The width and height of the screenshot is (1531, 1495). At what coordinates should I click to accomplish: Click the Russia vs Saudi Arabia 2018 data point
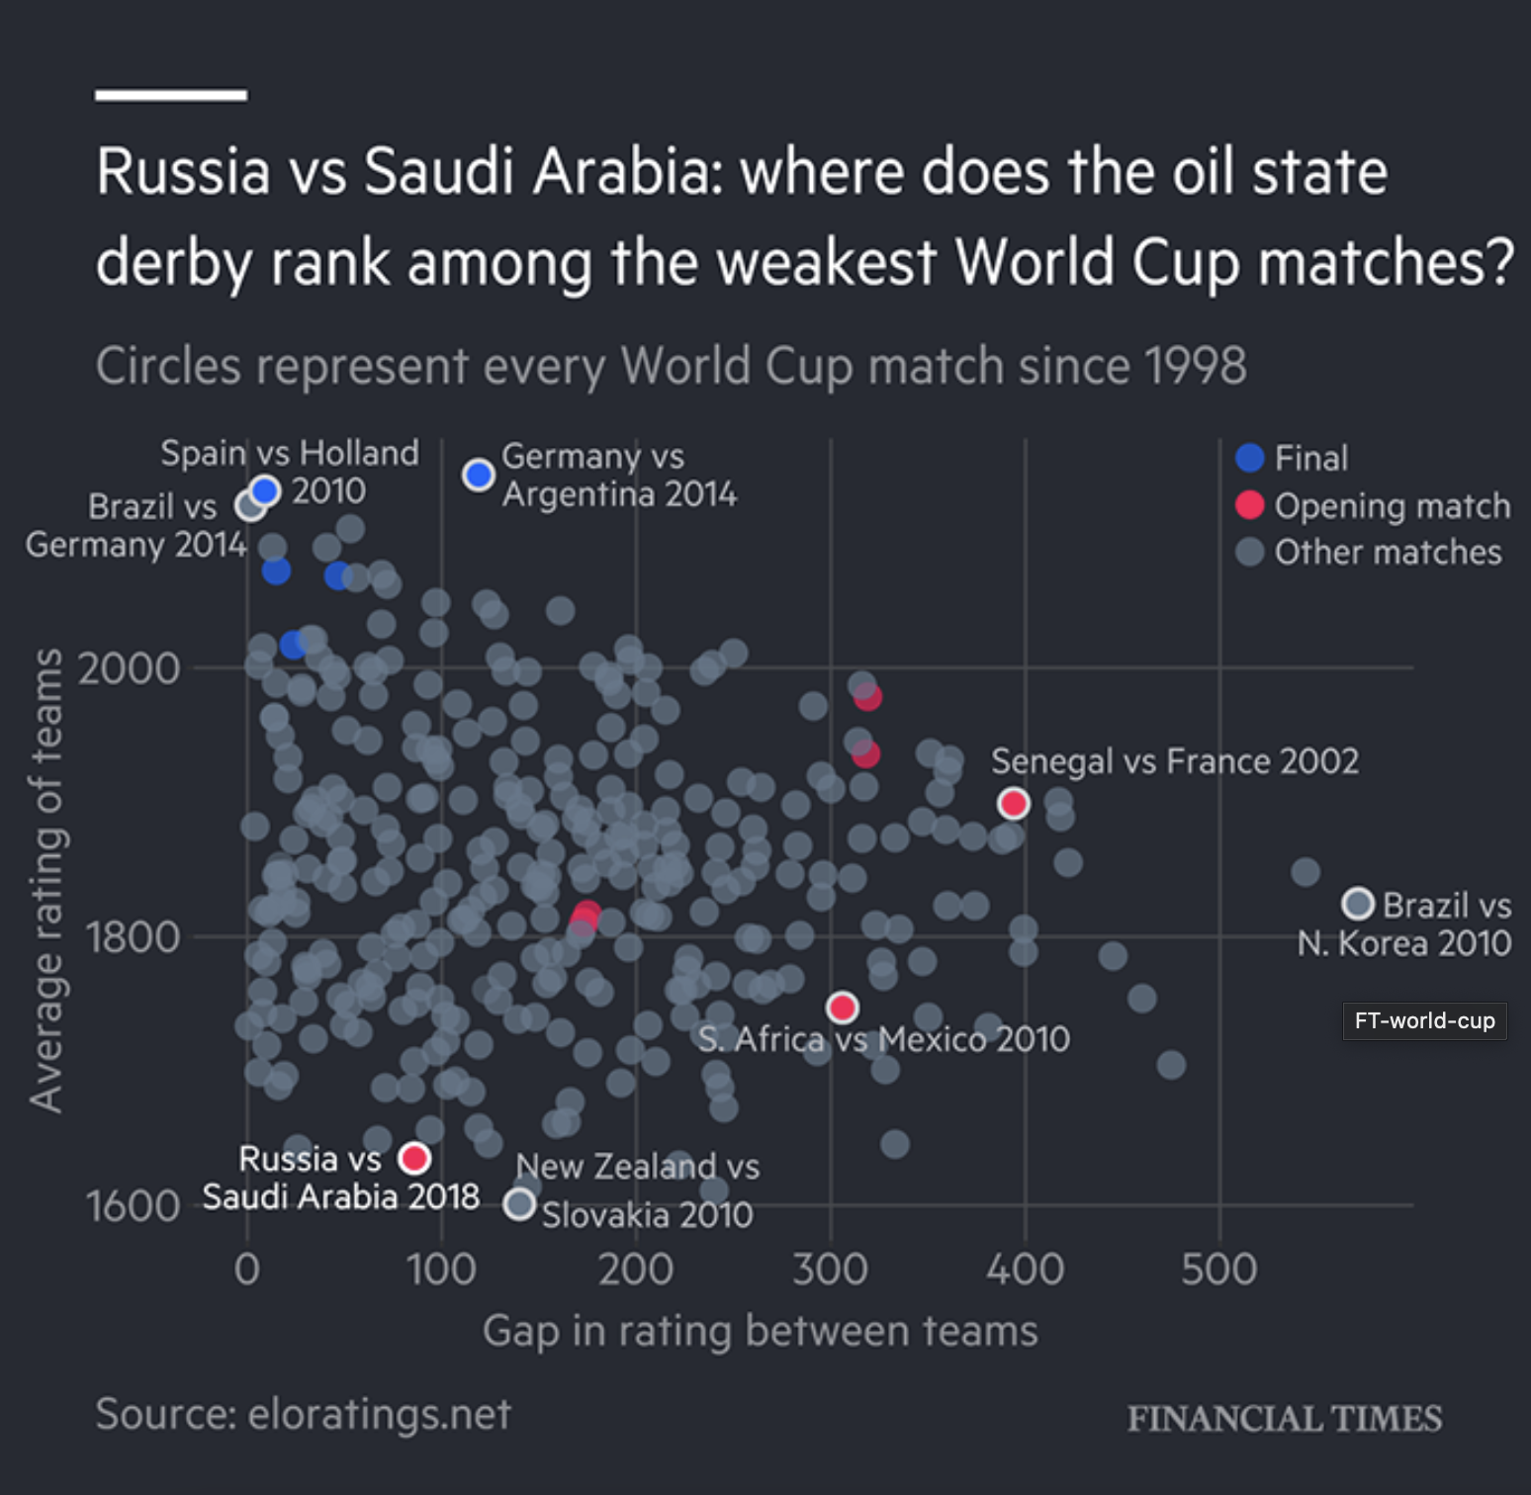[x=414, y=1157]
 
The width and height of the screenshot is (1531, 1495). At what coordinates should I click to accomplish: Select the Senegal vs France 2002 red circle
[x=1013, y=803]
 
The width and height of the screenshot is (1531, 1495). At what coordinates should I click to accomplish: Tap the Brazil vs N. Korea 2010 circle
[x=1358, y=903]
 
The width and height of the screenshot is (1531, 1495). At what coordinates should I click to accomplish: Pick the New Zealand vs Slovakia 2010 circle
[x=519, y=1203]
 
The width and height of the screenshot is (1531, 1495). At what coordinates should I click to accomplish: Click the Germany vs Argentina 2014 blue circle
[x=479, y=475]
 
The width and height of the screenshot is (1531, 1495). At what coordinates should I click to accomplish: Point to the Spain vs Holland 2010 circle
[x=265, y=489]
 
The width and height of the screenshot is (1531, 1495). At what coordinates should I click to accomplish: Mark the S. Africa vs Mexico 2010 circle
[x=842, y=1008]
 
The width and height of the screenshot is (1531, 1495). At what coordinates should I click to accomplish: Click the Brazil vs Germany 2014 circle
[x=250, y=505]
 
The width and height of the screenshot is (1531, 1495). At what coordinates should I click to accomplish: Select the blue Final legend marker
[x=1250, y=458]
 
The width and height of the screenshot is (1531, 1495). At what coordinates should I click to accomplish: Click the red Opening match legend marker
[x=1250, y=505]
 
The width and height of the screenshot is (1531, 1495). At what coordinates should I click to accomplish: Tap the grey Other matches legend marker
[x=1250, y=552]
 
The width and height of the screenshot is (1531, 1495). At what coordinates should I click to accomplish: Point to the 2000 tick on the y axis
[x=130, y=668]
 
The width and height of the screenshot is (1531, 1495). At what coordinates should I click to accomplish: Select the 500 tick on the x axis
[x=1218, y=1269]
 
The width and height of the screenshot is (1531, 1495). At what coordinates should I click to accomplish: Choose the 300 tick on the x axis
[x=830, y=1269]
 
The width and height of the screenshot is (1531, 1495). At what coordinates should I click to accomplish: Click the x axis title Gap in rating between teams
[x=760, y=1331]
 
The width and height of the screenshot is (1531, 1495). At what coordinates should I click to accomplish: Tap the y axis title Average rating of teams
[x=46, y=880]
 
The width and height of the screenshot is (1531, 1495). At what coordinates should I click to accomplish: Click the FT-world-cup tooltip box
[x=1424, y=1020]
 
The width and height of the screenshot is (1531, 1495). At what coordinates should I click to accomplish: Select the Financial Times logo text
[x=1284, y=1419]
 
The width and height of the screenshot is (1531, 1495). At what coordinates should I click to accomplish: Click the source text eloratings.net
[x=304, y=1414]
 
